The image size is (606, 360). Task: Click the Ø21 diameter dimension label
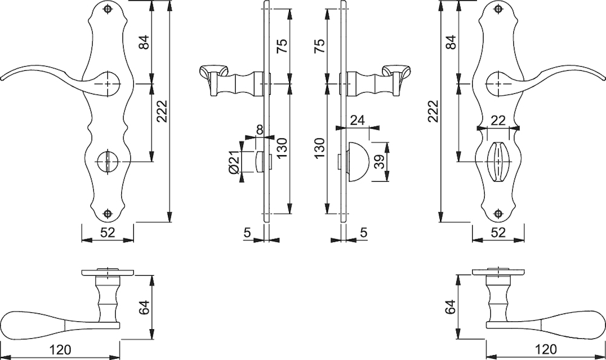point(234,162)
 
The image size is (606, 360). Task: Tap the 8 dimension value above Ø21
point(260,130)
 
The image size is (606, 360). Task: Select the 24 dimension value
point(357,121)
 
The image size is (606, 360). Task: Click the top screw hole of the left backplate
point(108,9)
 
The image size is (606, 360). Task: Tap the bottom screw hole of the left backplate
point(108,213)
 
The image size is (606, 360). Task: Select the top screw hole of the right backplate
point(499,9)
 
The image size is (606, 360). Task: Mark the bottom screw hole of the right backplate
point(499,213)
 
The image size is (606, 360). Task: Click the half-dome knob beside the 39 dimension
point(356,161)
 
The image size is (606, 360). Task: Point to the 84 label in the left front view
point(144,42)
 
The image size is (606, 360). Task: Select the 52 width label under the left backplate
point(108,232)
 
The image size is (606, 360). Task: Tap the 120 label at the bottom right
point(545,350)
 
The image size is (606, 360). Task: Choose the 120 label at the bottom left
point(61,350)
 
